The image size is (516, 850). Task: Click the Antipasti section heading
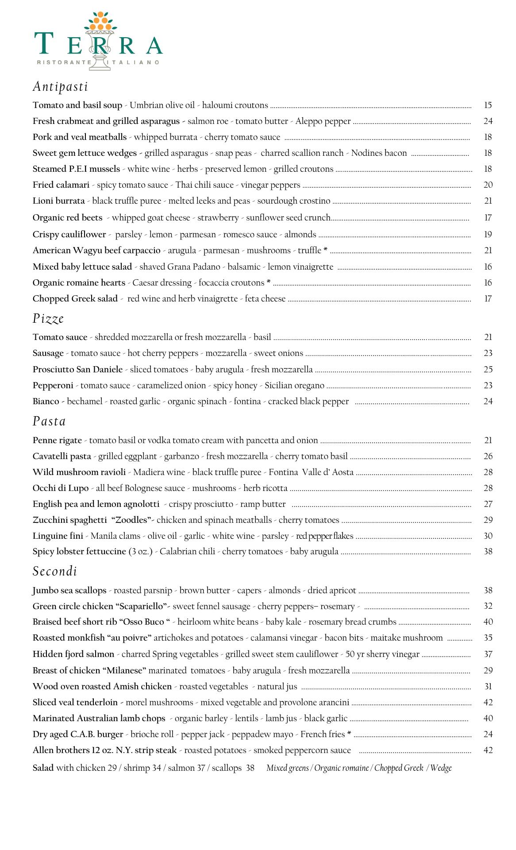point(60,86)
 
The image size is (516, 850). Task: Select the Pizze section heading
point(48,319)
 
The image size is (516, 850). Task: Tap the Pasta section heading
point(49,421)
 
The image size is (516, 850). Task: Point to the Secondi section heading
point(55,571)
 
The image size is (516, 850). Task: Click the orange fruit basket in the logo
point(100,23)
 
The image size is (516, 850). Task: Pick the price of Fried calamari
point(488,185)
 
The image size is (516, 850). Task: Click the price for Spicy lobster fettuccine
point(488,552)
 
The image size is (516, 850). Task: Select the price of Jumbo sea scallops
point(488,591)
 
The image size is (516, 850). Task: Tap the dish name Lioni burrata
point(58,201)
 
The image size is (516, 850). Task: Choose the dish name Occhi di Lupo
point(61,488)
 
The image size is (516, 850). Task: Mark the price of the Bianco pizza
point(488,402)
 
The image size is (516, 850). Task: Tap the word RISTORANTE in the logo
point(64,62)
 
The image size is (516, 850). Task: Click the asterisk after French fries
point(349,734)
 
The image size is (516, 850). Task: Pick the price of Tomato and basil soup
point(488,105)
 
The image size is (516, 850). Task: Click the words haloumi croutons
point(235,105)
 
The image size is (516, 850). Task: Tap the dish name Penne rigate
point(57,440)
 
